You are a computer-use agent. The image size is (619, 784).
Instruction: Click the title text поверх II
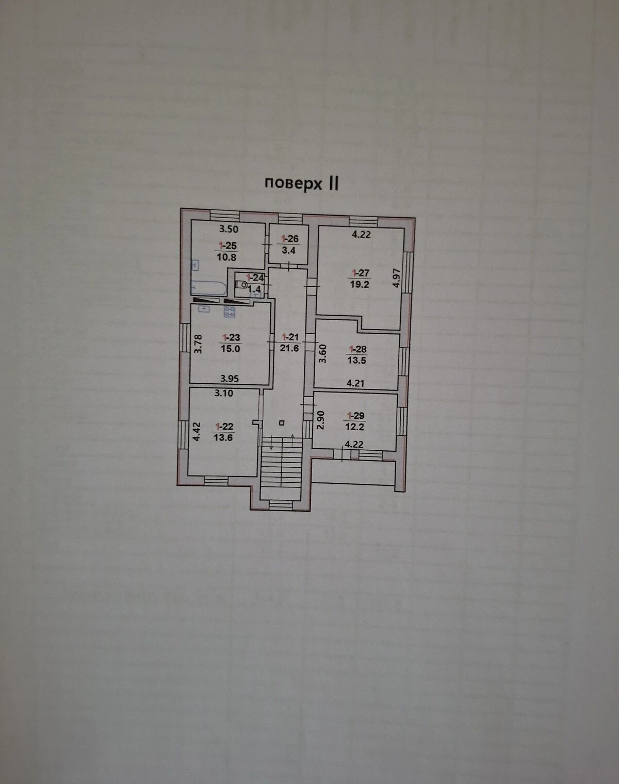301,183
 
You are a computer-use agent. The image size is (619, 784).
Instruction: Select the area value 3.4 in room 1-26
288,250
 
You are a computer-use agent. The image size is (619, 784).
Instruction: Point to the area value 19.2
360,284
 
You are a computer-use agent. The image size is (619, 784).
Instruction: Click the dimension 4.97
397,278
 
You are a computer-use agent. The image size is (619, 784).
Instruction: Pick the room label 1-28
357,349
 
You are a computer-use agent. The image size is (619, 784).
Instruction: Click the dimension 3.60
323,354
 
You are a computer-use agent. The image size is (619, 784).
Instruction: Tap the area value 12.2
354,427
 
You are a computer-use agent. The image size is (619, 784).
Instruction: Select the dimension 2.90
320,420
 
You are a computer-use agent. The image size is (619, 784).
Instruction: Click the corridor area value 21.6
289,348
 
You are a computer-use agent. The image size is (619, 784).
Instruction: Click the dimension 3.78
198,344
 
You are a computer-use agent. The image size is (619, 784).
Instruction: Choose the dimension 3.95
229,379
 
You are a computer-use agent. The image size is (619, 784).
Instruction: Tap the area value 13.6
223,437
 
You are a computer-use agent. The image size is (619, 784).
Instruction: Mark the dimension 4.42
197,432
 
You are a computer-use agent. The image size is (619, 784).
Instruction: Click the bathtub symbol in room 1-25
208,288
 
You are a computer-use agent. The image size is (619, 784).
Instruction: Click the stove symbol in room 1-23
230,312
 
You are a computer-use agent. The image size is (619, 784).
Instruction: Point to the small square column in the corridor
281,422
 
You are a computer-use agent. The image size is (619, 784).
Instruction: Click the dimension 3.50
229,229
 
